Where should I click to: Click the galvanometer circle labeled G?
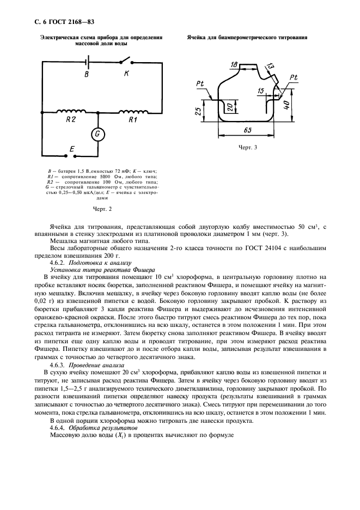point(98,134)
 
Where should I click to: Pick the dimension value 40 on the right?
point(286,104)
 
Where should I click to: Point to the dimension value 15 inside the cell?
point(261,90)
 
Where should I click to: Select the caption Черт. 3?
point(248,147)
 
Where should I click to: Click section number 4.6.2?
point(59,262)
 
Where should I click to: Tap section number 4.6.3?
point(59,365)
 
